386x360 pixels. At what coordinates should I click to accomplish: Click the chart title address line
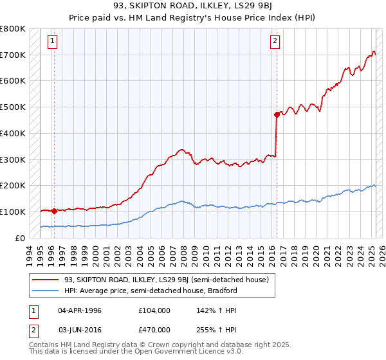pyautogui.click(x=192, y=6)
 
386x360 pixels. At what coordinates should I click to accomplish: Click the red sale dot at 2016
pyautogui.click(x=277, y=114)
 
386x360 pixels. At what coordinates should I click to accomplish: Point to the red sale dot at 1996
pyautogui.click(x=54, y=210)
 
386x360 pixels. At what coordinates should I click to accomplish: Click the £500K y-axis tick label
pyautogui.click(x=13, y=107)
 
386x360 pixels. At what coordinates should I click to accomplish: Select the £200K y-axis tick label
pyautogui.click(x=13, y=185)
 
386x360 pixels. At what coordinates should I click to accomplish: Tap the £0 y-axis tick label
pyautogui.click(x=21, y=238)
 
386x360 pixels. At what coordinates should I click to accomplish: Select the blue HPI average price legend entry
pyautogui.click(x=151, y=291)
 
